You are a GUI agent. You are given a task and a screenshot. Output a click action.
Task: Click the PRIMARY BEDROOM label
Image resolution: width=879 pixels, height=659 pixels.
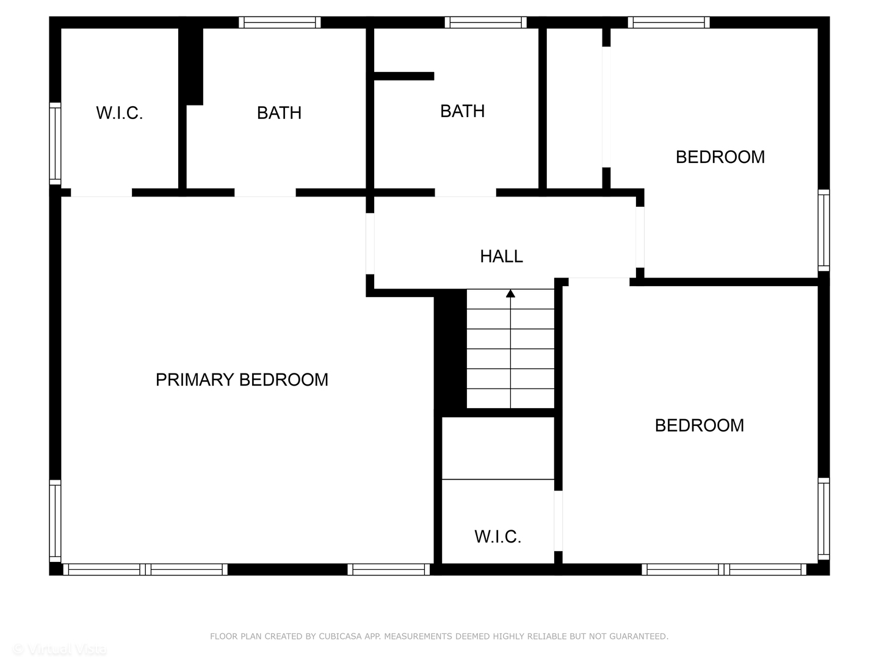coord(242,380)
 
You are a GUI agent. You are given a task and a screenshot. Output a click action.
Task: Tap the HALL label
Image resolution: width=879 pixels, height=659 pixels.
coord(501,256)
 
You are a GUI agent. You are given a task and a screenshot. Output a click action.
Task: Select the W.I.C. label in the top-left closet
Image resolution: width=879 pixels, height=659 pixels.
coord(119,113)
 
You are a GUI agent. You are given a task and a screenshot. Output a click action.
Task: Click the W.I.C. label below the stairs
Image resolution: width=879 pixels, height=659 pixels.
coord(497,537)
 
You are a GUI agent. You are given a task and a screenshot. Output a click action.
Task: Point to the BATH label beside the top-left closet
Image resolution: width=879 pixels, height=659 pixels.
coord(279,113)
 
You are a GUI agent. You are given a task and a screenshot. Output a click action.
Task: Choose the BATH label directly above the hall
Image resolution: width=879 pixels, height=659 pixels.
coord(462,111)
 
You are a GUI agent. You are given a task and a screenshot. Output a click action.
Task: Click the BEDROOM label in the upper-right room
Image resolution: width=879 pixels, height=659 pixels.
coord(720,157)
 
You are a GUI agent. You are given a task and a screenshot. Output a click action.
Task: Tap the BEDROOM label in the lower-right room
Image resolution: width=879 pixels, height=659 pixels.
coord(699,425)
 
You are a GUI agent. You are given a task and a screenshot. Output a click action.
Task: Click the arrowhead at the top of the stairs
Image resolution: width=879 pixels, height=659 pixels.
coord(510,293)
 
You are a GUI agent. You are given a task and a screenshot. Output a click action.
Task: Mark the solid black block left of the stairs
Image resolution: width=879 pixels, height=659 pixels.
coord(450,351)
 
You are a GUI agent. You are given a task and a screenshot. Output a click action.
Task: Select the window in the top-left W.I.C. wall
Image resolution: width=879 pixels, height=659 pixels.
coord(55,144)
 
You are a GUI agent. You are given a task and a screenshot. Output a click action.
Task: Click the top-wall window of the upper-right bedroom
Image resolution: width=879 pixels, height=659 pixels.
coord(668,23)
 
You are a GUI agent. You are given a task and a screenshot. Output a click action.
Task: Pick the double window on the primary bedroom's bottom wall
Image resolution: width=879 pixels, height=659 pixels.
coord(145,569)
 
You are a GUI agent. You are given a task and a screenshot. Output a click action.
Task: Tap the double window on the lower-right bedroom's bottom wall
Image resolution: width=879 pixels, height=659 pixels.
coord(724,569)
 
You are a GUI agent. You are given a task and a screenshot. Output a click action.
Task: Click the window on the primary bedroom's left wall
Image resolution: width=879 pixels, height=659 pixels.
coord(55,520)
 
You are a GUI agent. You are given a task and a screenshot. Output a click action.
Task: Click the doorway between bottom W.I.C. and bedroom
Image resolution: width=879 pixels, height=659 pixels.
coord(558,520)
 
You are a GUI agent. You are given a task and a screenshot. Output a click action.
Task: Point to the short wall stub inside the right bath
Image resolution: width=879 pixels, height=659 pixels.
coord(403,76)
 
